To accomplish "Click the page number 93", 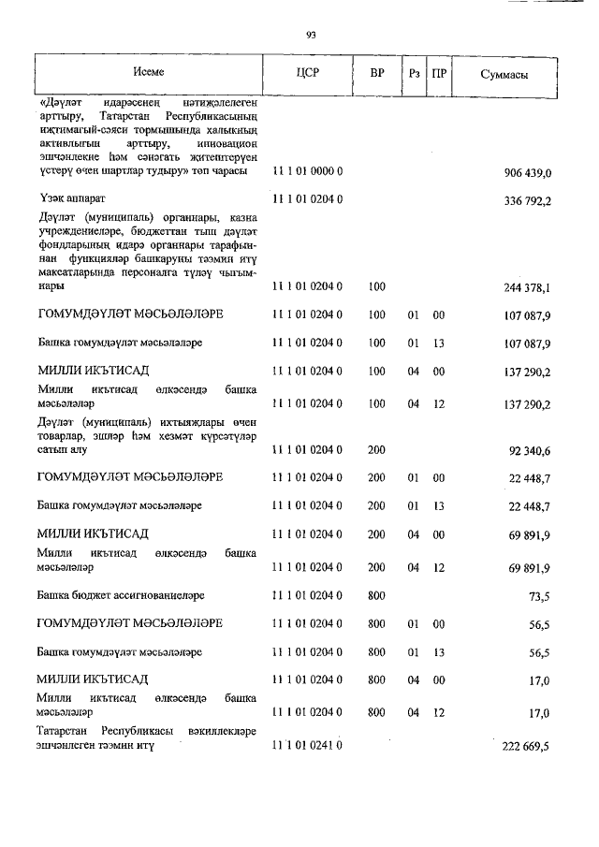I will tap(311, 35).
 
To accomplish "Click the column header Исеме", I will tap(147, 72).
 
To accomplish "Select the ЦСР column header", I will tap(308, 73).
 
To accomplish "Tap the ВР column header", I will tap(377, 73).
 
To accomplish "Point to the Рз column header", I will tap(414, 73).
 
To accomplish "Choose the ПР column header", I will tap(438, 73).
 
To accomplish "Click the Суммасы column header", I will tap(503, 73).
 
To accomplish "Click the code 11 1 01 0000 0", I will tap(308, 173).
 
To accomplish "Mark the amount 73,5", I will tap(544, 595).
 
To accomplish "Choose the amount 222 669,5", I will tap(531, 746).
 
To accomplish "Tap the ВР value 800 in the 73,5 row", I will tap(377, 595).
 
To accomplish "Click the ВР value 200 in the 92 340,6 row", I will tap(377, 450).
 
